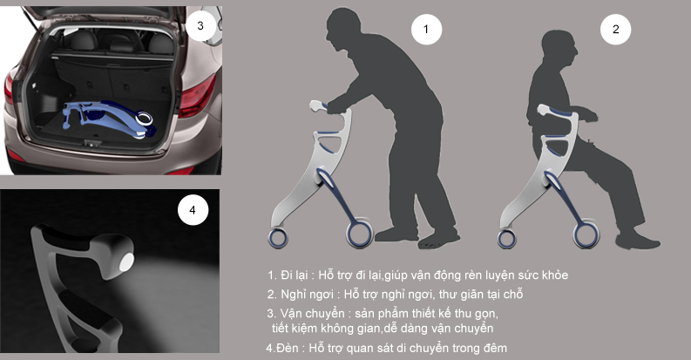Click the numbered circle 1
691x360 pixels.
pos(426,30)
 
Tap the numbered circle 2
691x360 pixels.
pos(616,30)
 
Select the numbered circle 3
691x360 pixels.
pos(200,25)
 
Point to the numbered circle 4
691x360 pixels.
pos(193,210)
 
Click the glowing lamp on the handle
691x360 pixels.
pos(126,262)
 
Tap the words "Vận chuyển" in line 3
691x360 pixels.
pos(312,313)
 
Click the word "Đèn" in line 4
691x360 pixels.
pos(288,348)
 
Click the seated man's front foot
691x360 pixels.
pos(638,241)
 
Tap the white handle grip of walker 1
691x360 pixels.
pos(316,105)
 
